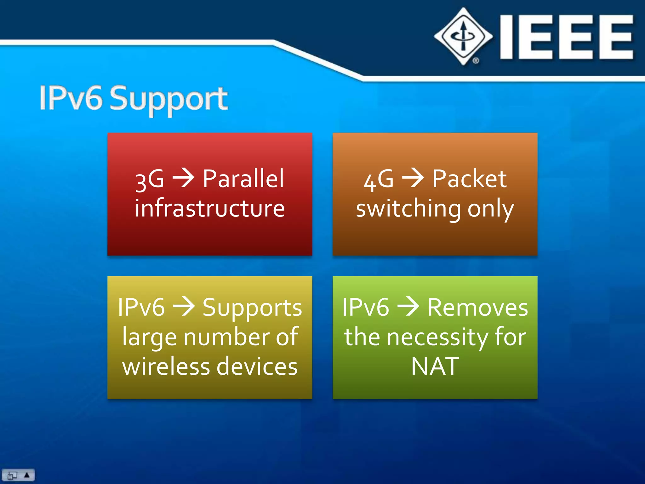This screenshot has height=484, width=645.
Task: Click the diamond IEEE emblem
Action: pyautogui.click(x=463, y=36)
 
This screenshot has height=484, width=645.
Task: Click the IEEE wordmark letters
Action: pyautogui.click(x=566, y=37)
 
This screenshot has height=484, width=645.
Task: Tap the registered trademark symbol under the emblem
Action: pyautogui.click(x=476, y=60)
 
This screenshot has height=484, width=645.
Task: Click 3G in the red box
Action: pyautogui.click(x=150, y=180)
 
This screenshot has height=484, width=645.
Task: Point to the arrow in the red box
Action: pyautogui.click(x=183, y=178)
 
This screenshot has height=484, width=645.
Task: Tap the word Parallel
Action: pyautogui.click(x=243, y=178)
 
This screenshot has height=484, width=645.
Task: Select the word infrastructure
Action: pyautogui.click(x=210, y=208)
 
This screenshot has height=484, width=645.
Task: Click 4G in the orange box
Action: pyautogui.click(x=379, y=180)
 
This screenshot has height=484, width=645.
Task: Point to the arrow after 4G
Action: pyautogui.click(x=413, y=178)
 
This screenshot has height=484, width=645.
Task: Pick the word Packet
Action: pyautogui.click(x=469, y=179)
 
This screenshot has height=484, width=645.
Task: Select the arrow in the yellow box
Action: pyautogui.click(x=184, y=306)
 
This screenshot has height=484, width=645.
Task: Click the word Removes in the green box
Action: pyautogui.click(x=477, y=307)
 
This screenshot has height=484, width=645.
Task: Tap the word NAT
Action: pyautogui.click(x=435, y=366)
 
